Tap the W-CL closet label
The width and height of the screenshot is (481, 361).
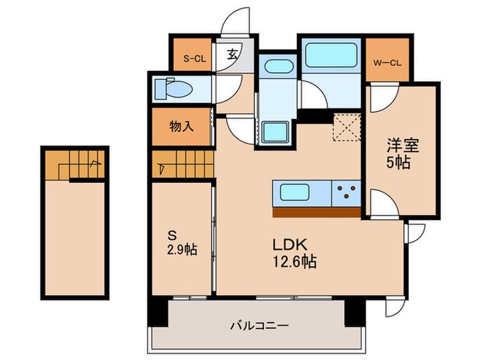point(387,64)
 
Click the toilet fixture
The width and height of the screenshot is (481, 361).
point(172,89)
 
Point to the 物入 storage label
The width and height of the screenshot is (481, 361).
point(181,128)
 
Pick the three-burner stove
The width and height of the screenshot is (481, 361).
point(346,192)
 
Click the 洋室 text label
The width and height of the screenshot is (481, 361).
point(402,146)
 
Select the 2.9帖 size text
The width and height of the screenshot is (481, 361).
point(181,249)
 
